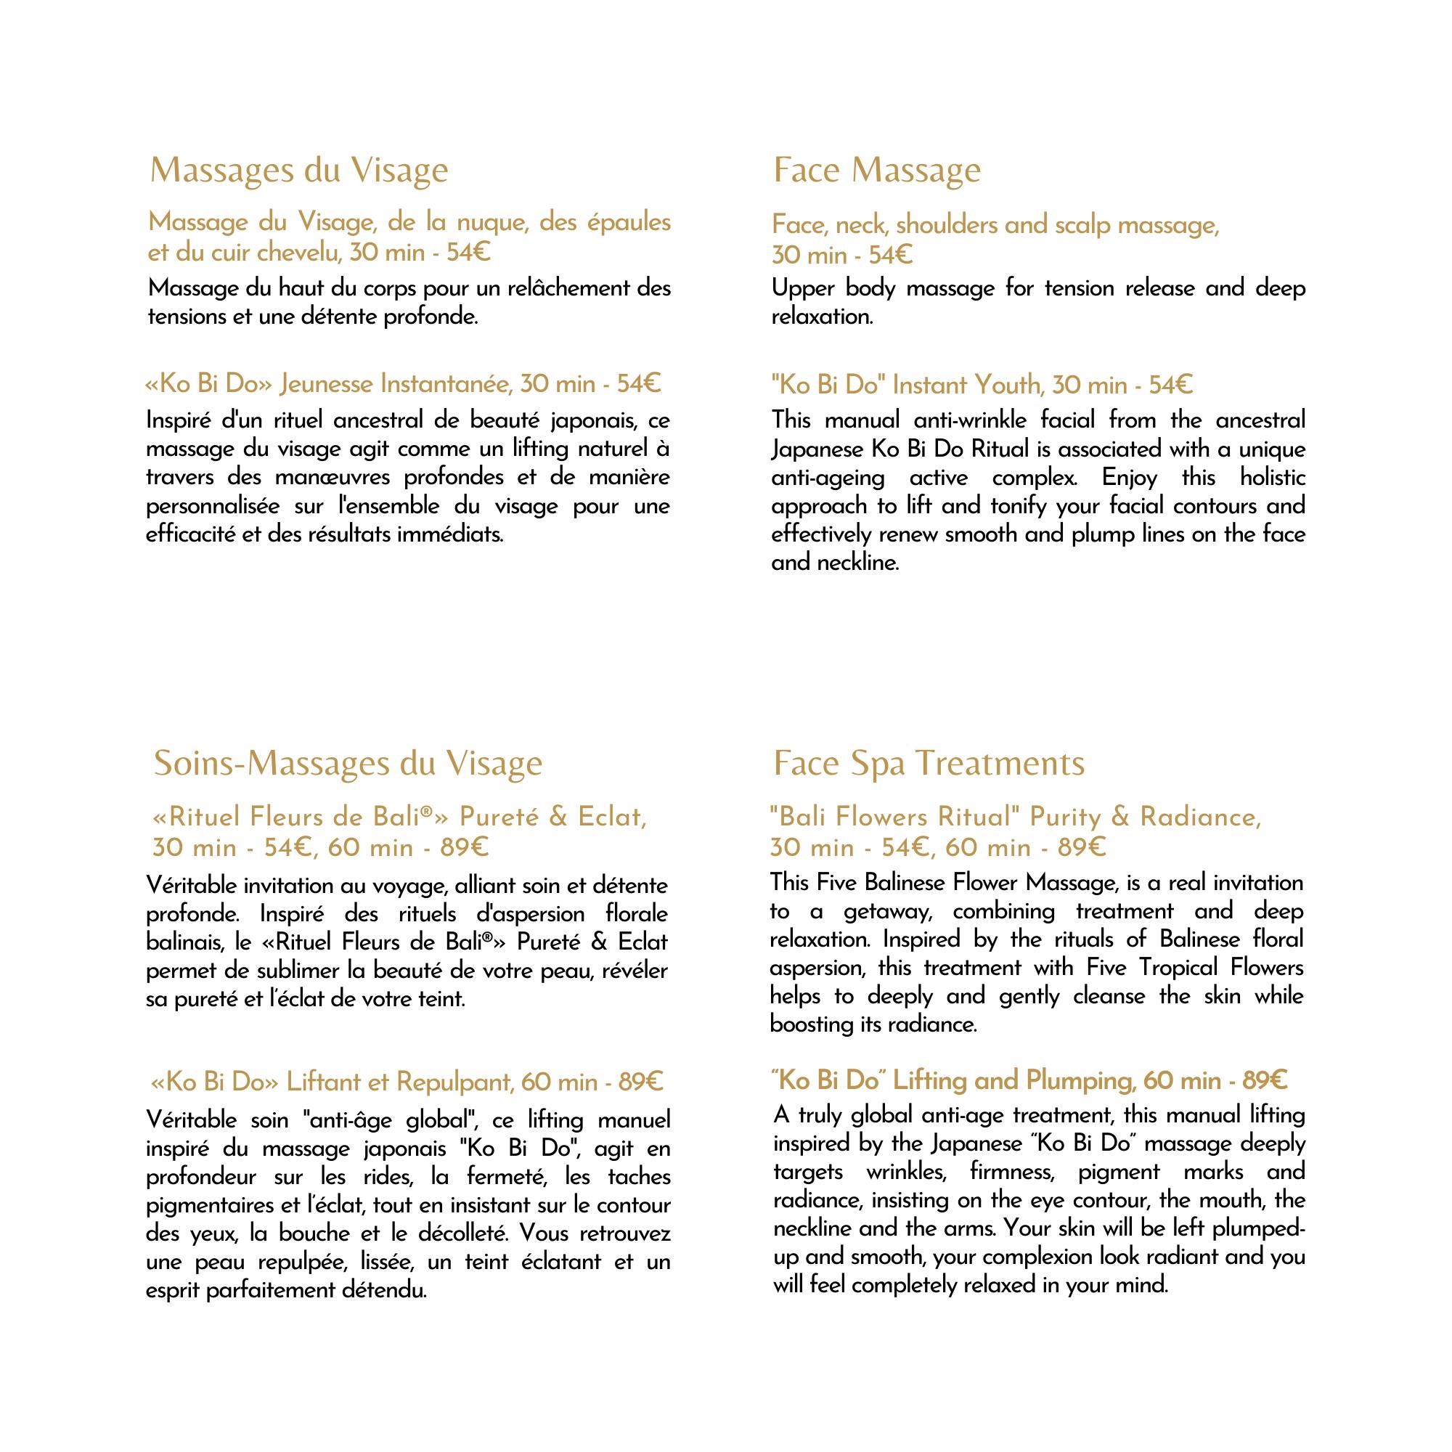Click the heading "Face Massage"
point(876,170)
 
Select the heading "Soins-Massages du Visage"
point(348,764)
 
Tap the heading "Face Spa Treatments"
point(929,764)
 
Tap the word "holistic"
point(1273,478)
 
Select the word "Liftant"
point(324,1082)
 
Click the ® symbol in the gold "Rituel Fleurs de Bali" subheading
point(426,812)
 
